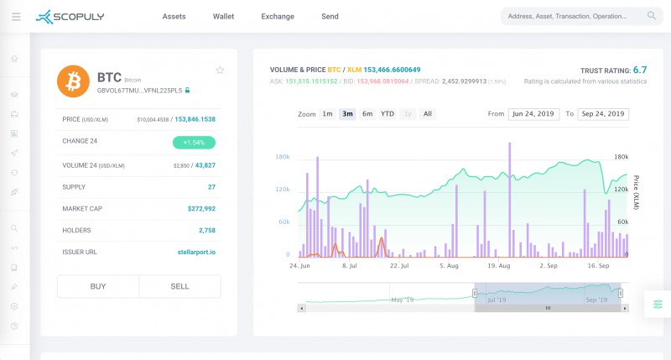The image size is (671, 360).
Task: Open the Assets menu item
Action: point(174,16)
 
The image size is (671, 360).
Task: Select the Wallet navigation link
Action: point(223,16)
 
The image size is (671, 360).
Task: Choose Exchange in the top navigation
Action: point(278,16)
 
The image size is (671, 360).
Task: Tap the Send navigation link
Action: point(330,16)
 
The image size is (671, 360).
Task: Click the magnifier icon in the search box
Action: point(652,15)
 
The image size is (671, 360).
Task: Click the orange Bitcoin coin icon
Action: point(74,81)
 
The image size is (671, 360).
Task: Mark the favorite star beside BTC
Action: point(220,70)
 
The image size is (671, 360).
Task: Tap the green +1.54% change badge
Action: point(194,143)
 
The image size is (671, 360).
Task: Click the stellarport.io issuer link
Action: point(198,252)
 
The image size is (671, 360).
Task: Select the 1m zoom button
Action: point(327,113)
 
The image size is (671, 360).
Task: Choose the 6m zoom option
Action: point(367,113)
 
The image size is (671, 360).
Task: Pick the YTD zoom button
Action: point(388,113)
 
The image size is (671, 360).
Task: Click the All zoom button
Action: point(428,113)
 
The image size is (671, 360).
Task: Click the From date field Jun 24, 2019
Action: point(533,113)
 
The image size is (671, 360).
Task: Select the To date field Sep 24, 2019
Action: point(603,113)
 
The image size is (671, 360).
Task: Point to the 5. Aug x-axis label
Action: point(449,265)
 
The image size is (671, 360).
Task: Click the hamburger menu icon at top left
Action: point(16,16)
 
